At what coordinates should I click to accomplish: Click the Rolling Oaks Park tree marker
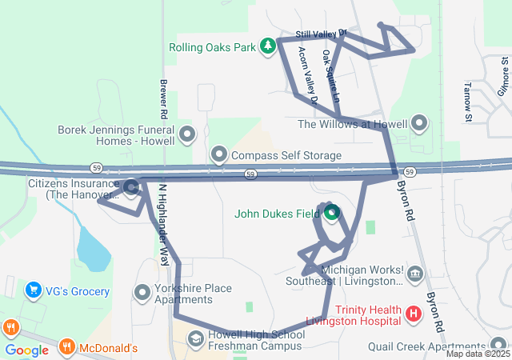pyautogui.click(x=269, y=46)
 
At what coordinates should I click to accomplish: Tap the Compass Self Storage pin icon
pyautogui.click(x=218, y=154)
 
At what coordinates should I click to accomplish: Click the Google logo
pyautogui.click(x=26, y=350)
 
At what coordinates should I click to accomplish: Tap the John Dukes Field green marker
pyautogui.click(x=331, y=213)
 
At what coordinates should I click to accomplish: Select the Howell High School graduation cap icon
pyautogui.click(x=195, y=339)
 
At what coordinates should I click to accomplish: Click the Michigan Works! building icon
pyautogui.click(x=415, y=275)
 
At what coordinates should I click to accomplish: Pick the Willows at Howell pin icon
pyautogui.click(x=419, y=124)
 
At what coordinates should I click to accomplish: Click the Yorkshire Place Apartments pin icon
pyautogui.click(x=142, y=294)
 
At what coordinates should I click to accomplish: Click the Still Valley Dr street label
pyautogui.click(x=322, y=34)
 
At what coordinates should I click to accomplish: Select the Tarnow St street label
pyautogui.click(x=468, y=102)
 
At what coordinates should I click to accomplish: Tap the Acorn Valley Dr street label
pyautogui.click(x=307, y=76)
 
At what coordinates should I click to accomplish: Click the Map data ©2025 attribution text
pyautogui.click(x=478, y=354)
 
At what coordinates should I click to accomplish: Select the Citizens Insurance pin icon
pyautogui.click(x=131, y=189)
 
